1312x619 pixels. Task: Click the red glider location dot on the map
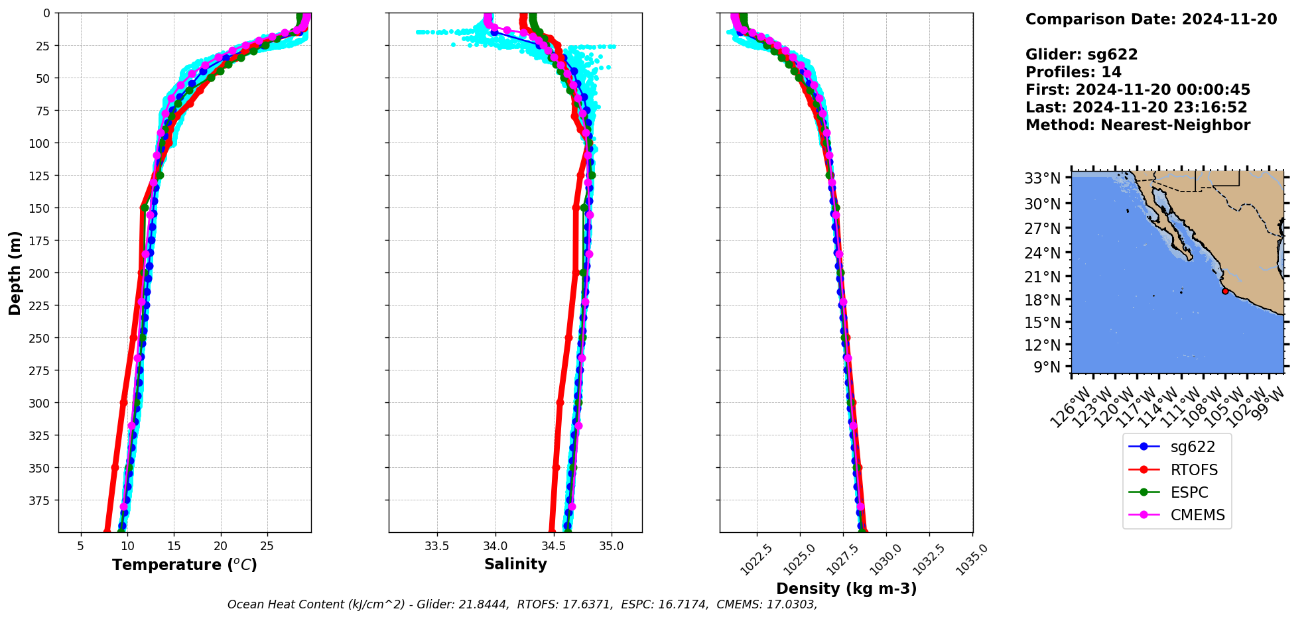1225,291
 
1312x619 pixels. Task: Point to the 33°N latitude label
1043,178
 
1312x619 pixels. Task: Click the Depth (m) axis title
15,272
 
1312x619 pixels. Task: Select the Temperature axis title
184,565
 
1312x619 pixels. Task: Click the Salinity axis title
515,564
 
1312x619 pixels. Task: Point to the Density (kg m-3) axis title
846,589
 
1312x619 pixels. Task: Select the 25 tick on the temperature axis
267,546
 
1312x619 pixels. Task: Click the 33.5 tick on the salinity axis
436,546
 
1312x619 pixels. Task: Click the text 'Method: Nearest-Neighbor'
1138,125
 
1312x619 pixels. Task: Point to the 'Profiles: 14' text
1073,72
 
